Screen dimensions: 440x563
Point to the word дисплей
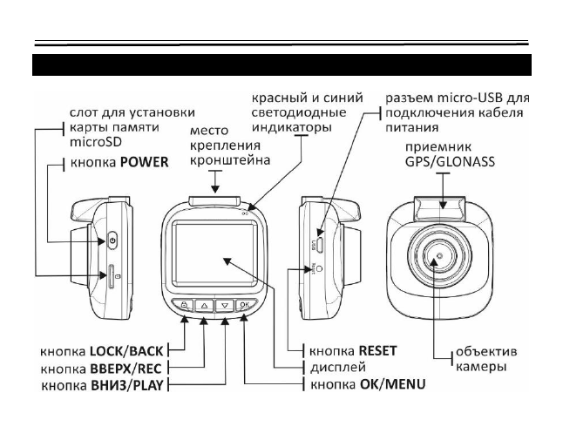coord(335,367)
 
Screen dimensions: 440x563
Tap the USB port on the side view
coord(320,245)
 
